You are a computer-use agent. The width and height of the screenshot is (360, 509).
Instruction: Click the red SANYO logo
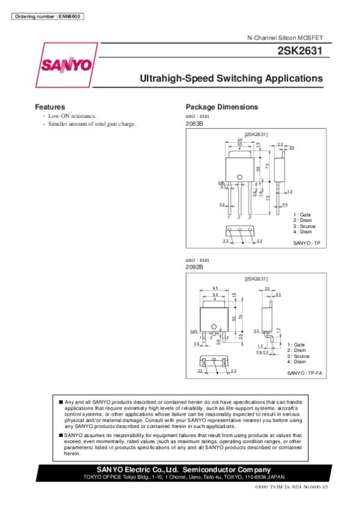pos(67,64)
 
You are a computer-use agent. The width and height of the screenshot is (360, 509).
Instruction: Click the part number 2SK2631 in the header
pos(300,52)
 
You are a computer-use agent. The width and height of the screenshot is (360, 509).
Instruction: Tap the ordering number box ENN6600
pos(47,16)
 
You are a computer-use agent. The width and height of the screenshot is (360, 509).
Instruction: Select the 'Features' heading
pos(50,107)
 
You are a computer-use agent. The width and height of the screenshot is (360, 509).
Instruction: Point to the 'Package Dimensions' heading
pos(222,107)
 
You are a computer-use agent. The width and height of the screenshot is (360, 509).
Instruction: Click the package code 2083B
pos(195,124)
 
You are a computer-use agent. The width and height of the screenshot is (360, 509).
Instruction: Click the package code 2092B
pos(195,267)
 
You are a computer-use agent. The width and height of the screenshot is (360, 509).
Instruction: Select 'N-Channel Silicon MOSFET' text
pos(285,38)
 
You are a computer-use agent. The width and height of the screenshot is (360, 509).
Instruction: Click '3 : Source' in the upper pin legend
pos(304,226)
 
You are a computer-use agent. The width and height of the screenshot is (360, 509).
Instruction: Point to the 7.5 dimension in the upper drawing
pos(268,198)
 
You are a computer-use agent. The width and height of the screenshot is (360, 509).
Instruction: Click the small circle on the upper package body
pos(239,176)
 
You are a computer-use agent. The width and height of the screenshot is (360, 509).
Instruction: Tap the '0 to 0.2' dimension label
pos(262,352)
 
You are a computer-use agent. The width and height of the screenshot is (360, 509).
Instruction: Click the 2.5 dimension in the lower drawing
pos(241,337)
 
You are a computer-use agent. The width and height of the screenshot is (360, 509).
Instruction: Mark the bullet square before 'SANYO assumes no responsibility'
pos(61,434)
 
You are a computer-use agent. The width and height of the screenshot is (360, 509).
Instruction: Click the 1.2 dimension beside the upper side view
pos(289,191)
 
